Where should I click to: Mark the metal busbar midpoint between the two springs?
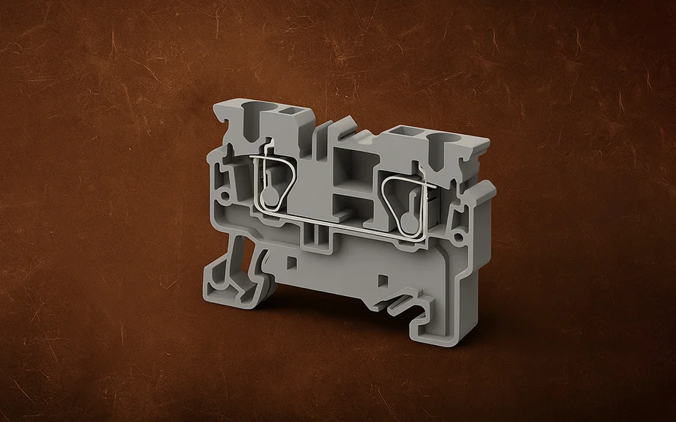(334, 225)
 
